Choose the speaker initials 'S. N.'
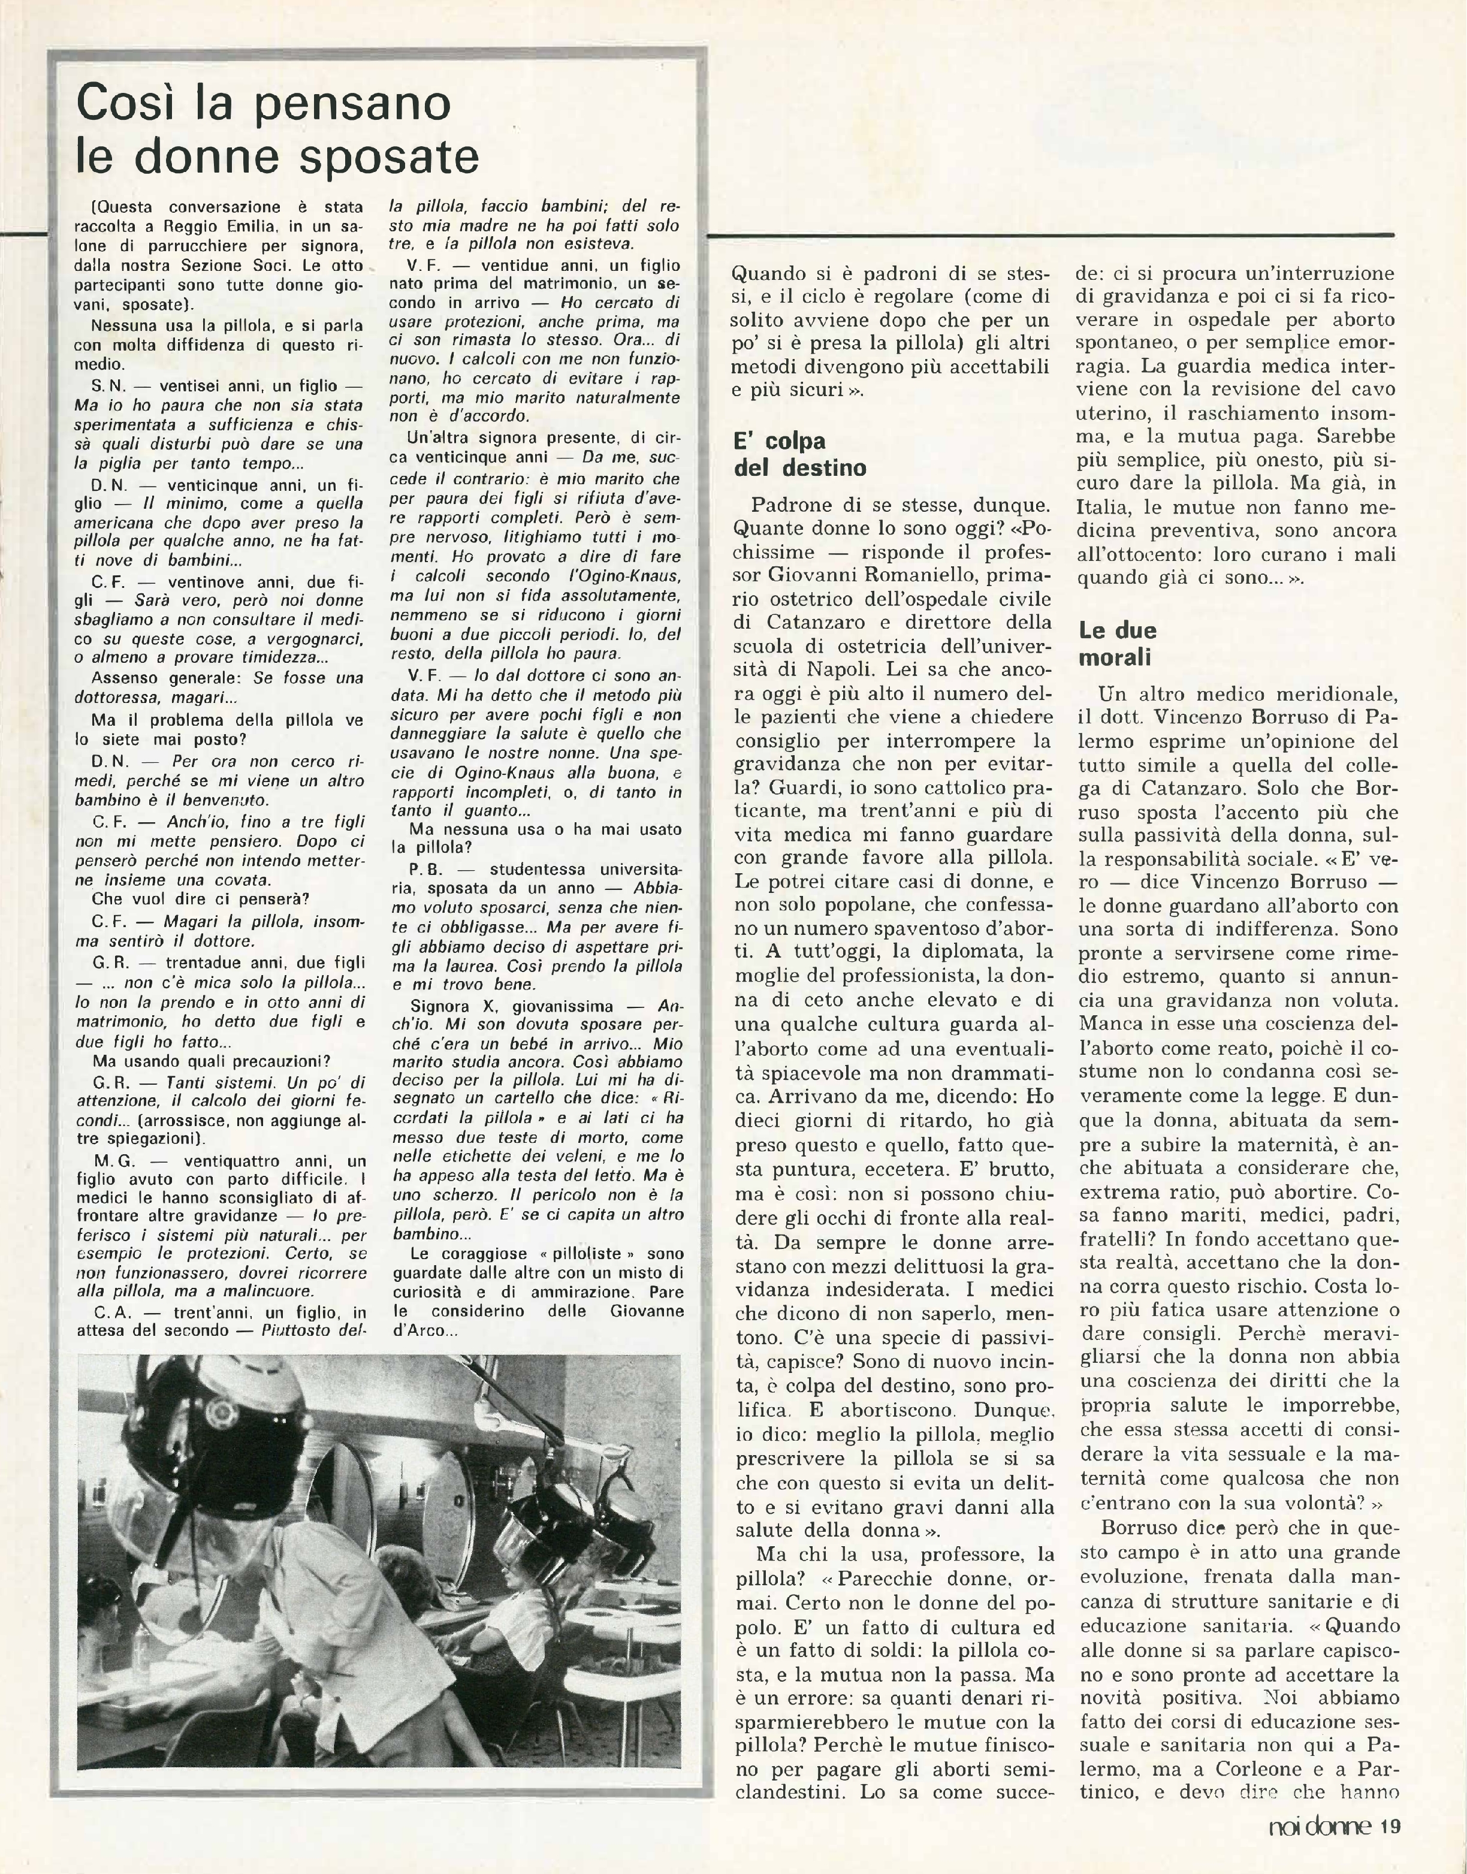[x=107, y=387]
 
